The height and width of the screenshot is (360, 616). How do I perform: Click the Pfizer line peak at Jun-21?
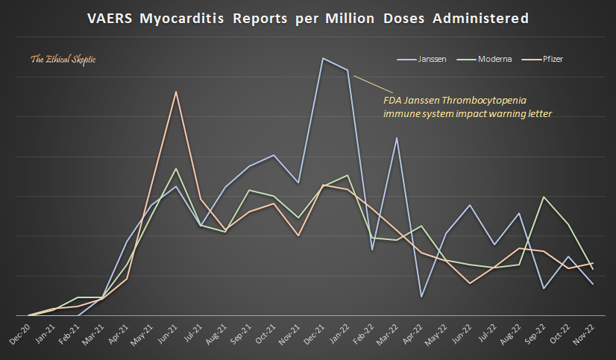(176, 92)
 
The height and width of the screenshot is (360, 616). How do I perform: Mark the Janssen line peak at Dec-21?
(323, 58)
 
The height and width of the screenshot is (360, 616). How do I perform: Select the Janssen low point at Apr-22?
(421, 297)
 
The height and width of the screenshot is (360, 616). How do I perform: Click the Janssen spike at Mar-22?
(397, 138)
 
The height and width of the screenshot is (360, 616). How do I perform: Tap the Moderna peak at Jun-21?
(176, 168)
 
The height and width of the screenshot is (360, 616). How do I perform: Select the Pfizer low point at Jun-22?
(470, 283)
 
